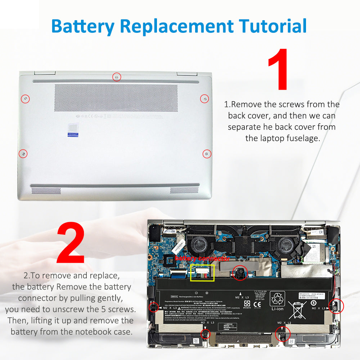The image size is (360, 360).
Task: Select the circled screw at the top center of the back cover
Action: (117, 77)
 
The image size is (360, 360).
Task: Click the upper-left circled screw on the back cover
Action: (25, 99)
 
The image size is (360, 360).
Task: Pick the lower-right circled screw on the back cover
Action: (207, 154)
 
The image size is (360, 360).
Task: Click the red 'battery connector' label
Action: (202, 259)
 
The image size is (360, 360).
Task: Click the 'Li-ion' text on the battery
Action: (278, 309)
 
